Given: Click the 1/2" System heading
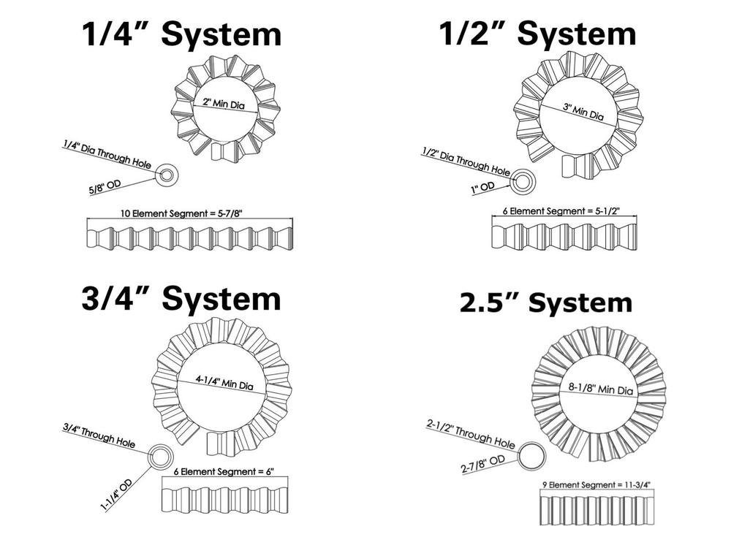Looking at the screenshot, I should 537,33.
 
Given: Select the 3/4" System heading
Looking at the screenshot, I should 181,298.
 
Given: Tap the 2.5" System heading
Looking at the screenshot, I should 545,302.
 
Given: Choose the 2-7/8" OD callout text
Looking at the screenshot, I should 482,464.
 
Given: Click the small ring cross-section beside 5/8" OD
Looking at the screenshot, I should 167,175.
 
